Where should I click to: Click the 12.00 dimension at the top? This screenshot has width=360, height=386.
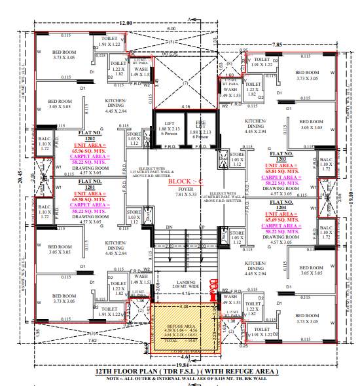[126, 23]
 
